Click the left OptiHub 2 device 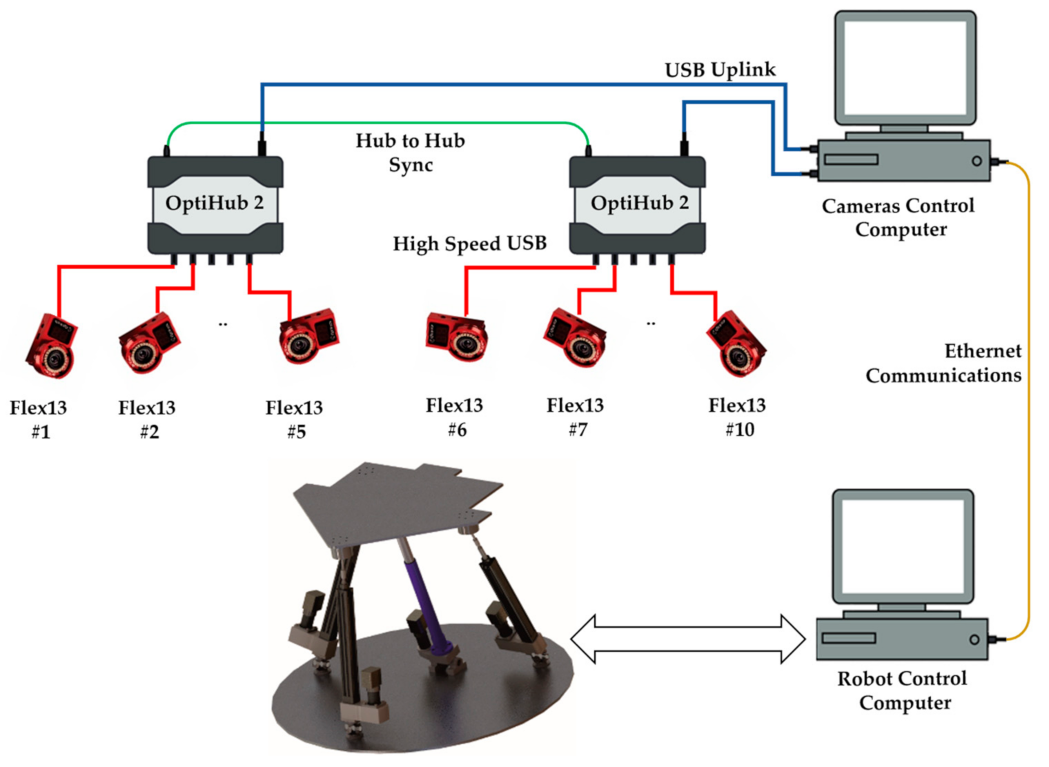click(215, 205)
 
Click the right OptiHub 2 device click(637, 205)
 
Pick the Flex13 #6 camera click(457, 336)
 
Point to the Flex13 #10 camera click(737, 345)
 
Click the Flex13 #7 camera click(576, 339)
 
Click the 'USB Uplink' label click(720, 70)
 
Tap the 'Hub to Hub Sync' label click(411, 152)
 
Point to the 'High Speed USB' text click(469, 243)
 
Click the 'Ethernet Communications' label click(944, 363)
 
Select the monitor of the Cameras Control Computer click(905, 68)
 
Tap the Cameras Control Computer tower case click(903, 161)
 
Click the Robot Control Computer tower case click(902, 639)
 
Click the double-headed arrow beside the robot click(688, 639)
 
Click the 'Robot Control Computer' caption click(903, 690)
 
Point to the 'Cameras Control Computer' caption click(899, 217)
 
